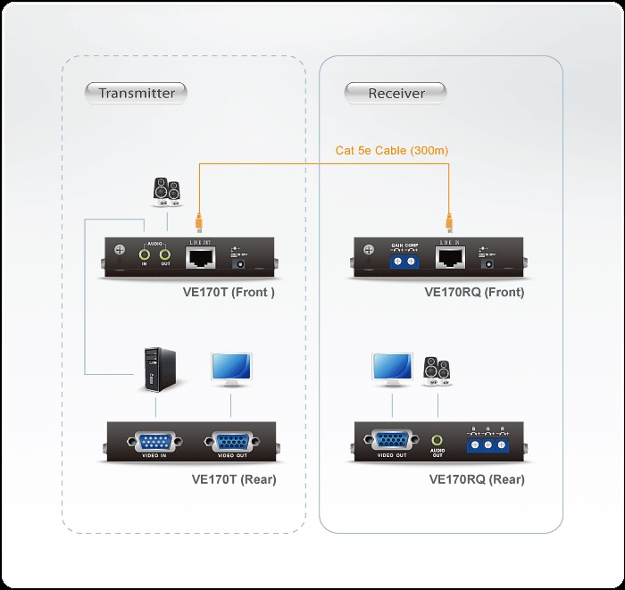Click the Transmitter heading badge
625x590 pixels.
137,93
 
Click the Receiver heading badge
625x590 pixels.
396,93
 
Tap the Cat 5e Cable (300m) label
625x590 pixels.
392,151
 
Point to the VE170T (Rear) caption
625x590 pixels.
234,479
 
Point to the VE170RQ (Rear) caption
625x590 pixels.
477,479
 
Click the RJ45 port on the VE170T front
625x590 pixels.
198,259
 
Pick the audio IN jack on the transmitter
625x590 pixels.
144,257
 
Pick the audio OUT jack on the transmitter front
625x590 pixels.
165,257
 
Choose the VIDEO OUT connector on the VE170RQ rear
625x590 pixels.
391,440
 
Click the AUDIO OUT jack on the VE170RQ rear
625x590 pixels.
437,441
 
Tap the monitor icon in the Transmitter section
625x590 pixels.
230,370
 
